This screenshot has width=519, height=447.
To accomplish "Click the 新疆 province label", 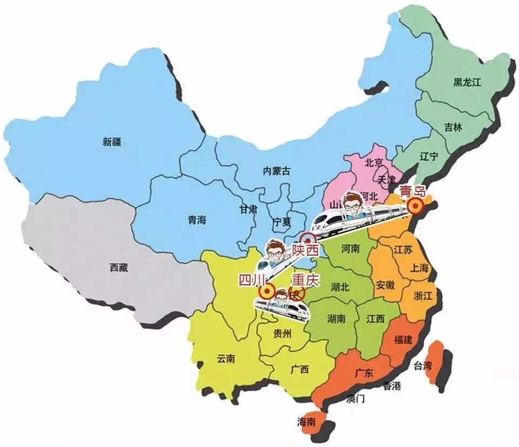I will click(x=112, y=142).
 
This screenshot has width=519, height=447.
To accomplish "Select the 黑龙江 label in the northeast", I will click(x=467, y=82).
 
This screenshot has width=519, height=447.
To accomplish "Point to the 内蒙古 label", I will click(x=276, y=171).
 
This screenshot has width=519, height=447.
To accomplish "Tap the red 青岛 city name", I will click(x=412, y=190).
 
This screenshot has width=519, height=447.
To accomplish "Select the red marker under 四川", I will click(x=266, y=292).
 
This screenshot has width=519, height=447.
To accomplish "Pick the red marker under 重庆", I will click(x=297, y=293).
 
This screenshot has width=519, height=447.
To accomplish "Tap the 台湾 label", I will click(x=423, y=366).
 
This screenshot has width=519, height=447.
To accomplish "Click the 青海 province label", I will click(x=197, y=219).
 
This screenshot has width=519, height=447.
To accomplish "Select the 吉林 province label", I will click(x=453, y=128).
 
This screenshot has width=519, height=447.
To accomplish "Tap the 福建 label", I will click(x=404, y=340).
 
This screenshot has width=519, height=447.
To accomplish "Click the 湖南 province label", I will click(x=336, y=319).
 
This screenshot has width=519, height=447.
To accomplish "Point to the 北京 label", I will click(x=373, y=162).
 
